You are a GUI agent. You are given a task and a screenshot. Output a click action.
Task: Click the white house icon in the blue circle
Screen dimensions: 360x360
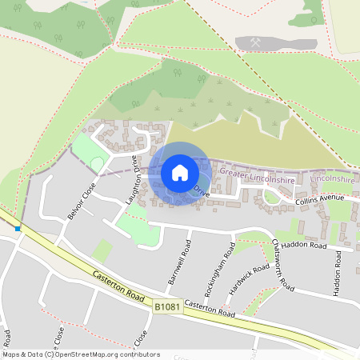180,172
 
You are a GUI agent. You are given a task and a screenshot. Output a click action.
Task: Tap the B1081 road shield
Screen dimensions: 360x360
166,306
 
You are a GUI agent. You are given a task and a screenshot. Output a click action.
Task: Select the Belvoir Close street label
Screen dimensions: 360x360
82,201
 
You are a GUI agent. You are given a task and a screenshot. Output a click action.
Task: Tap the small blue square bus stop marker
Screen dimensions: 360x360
18,229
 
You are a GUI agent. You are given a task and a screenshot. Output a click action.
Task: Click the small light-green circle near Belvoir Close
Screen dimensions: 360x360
97,164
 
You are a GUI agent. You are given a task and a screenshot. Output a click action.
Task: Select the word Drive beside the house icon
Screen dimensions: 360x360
201,193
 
